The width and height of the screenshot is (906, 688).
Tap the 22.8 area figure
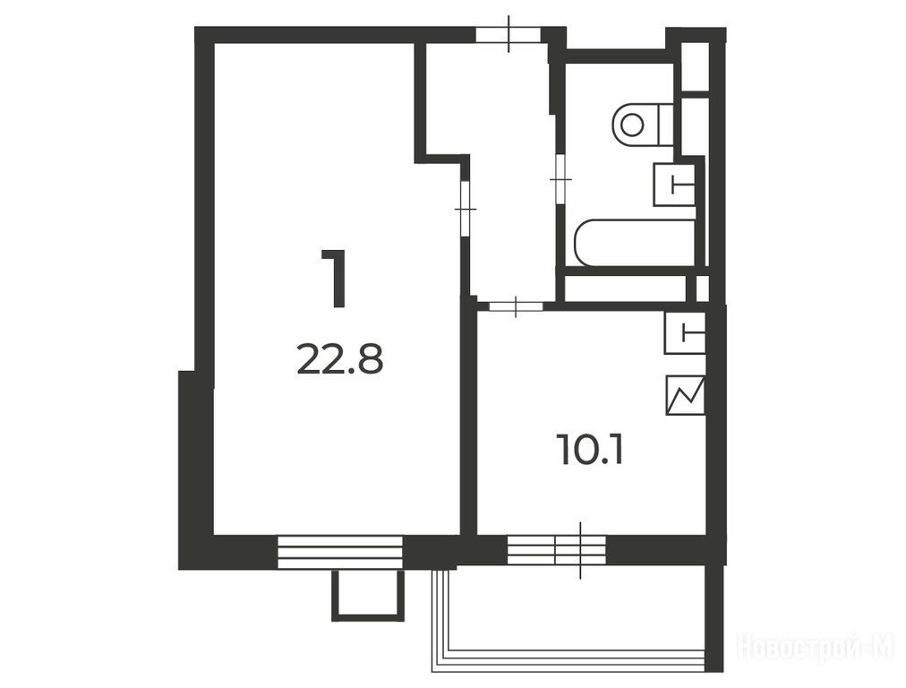coord(340,358)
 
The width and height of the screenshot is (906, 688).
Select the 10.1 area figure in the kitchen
coord(590,450)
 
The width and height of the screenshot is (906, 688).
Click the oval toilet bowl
coord(633,125)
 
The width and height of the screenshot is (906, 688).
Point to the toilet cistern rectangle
coord(666,125)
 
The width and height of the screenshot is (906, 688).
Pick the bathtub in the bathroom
coord(636,243)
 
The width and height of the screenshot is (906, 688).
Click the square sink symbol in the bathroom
coord(674,184)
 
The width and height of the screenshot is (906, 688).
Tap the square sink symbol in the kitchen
coord(685,332)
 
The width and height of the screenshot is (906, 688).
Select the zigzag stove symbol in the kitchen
coord(685,395)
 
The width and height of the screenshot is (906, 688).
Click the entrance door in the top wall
coord(509,34)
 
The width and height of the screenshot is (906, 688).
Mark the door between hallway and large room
coord(466,208)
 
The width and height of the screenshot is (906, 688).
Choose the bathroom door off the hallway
coord(560,179)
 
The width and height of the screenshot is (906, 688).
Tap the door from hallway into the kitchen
coord(516,306)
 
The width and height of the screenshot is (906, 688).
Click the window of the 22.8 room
coord(340,552)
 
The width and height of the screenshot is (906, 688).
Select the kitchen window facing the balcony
coord(557,550)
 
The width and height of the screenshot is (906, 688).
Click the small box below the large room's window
coord(367,595)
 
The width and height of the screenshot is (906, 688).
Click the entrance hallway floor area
coord(509,174)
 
